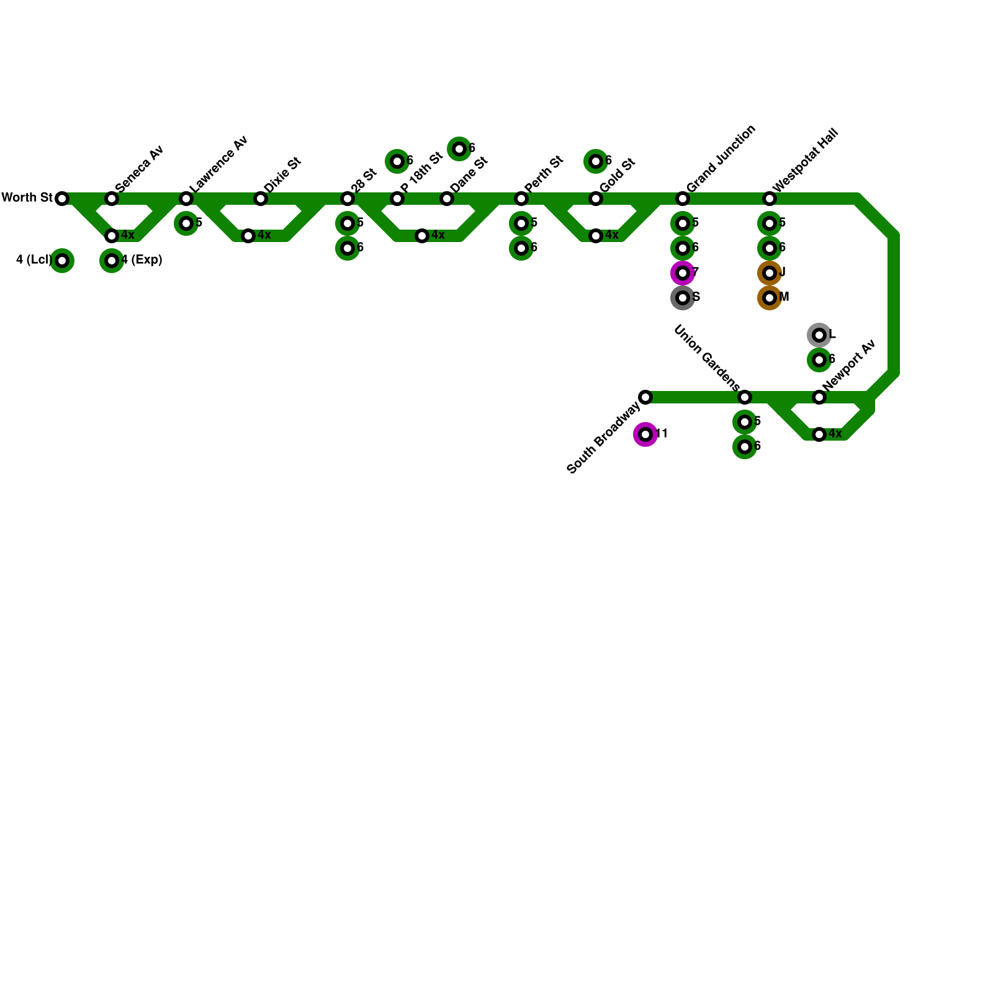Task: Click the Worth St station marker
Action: pyautogui.click(x=62, y=199)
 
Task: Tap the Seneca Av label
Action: pyautogui.click(x=139, y=168)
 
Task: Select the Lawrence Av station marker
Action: pyautogui.click(x=186, y=199)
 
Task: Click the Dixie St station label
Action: pyautogui.click(x=282, y=175)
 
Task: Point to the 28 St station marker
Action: pyautogui.click(x=348, y=199)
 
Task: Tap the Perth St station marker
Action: pyautogui.click(x=521, y=199)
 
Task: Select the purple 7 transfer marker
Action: pyautogui.click(x=683, y=273)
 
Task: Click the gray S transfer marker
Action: pyautogui.click(x=683, y=298)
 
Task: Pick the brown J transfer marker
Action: pyautogui.click(x=770, y=273)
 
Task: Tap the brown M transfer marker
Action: pyautogui.click(x=770, y=298)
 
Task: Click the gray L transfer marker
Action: pyautogui.click(x=819, y=335)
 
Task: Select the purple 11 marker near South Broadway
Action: pyautogui.click(x=645, y=434)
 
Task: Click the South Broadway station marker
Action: pyautogui.click(x=645, y=397)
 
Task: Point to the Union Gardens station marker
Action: pyautogui.click(x=745, y=397)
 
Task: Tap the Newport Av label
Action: pyautogui.click(x=848, y=365)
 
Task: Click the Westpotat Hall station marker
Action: pyautogui.click(x=770, y=199)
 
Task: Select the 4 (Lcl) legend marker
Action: pyautogui.click(x=62, y=261)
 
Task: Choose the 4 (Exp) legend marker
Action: pyautogui.click(x=112, y=261)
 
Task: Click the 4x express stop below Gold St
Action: pyautogui.click(x=596, y=236)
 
